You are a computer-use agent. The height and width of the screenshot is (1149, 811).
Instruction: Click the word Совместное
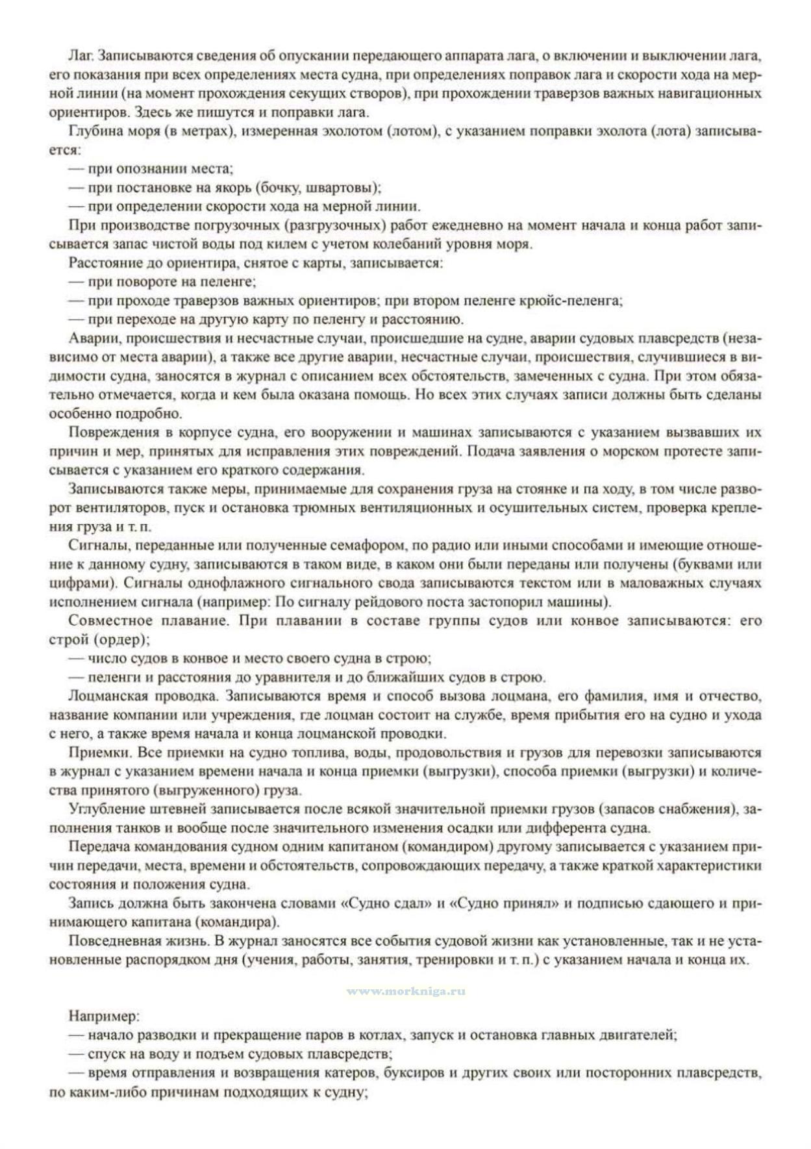coord(104,620)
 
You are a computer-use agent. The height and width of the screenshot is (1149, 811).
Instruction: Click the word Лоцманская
coord(103,696)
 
